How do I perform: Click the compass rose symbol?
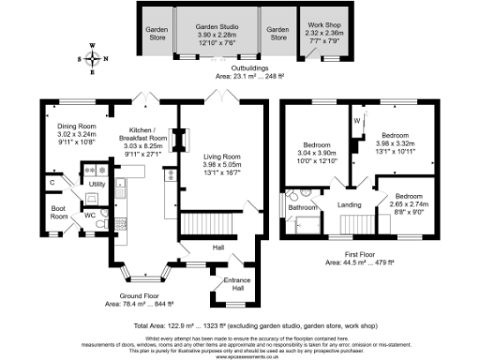pyautogui.click(x=93, y=58)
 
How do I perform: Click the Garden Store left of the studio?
pyautogui.click(x=156, y=33)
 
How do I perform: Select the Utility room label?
pyautogui.click(x=97, y=185)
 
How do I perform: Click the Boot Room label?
pyautogui.click(x=58, y=213)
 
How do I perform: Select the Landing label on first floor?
pyautogui.click(x=349, y=203)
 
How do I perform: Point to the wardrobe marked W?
pyautogui.click(x=357, y=122)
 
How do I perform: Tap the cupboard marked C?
pyautogui.click(x=52, y=181)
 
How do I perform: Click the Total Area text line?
pyautogui.click(x=239, y=322)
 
